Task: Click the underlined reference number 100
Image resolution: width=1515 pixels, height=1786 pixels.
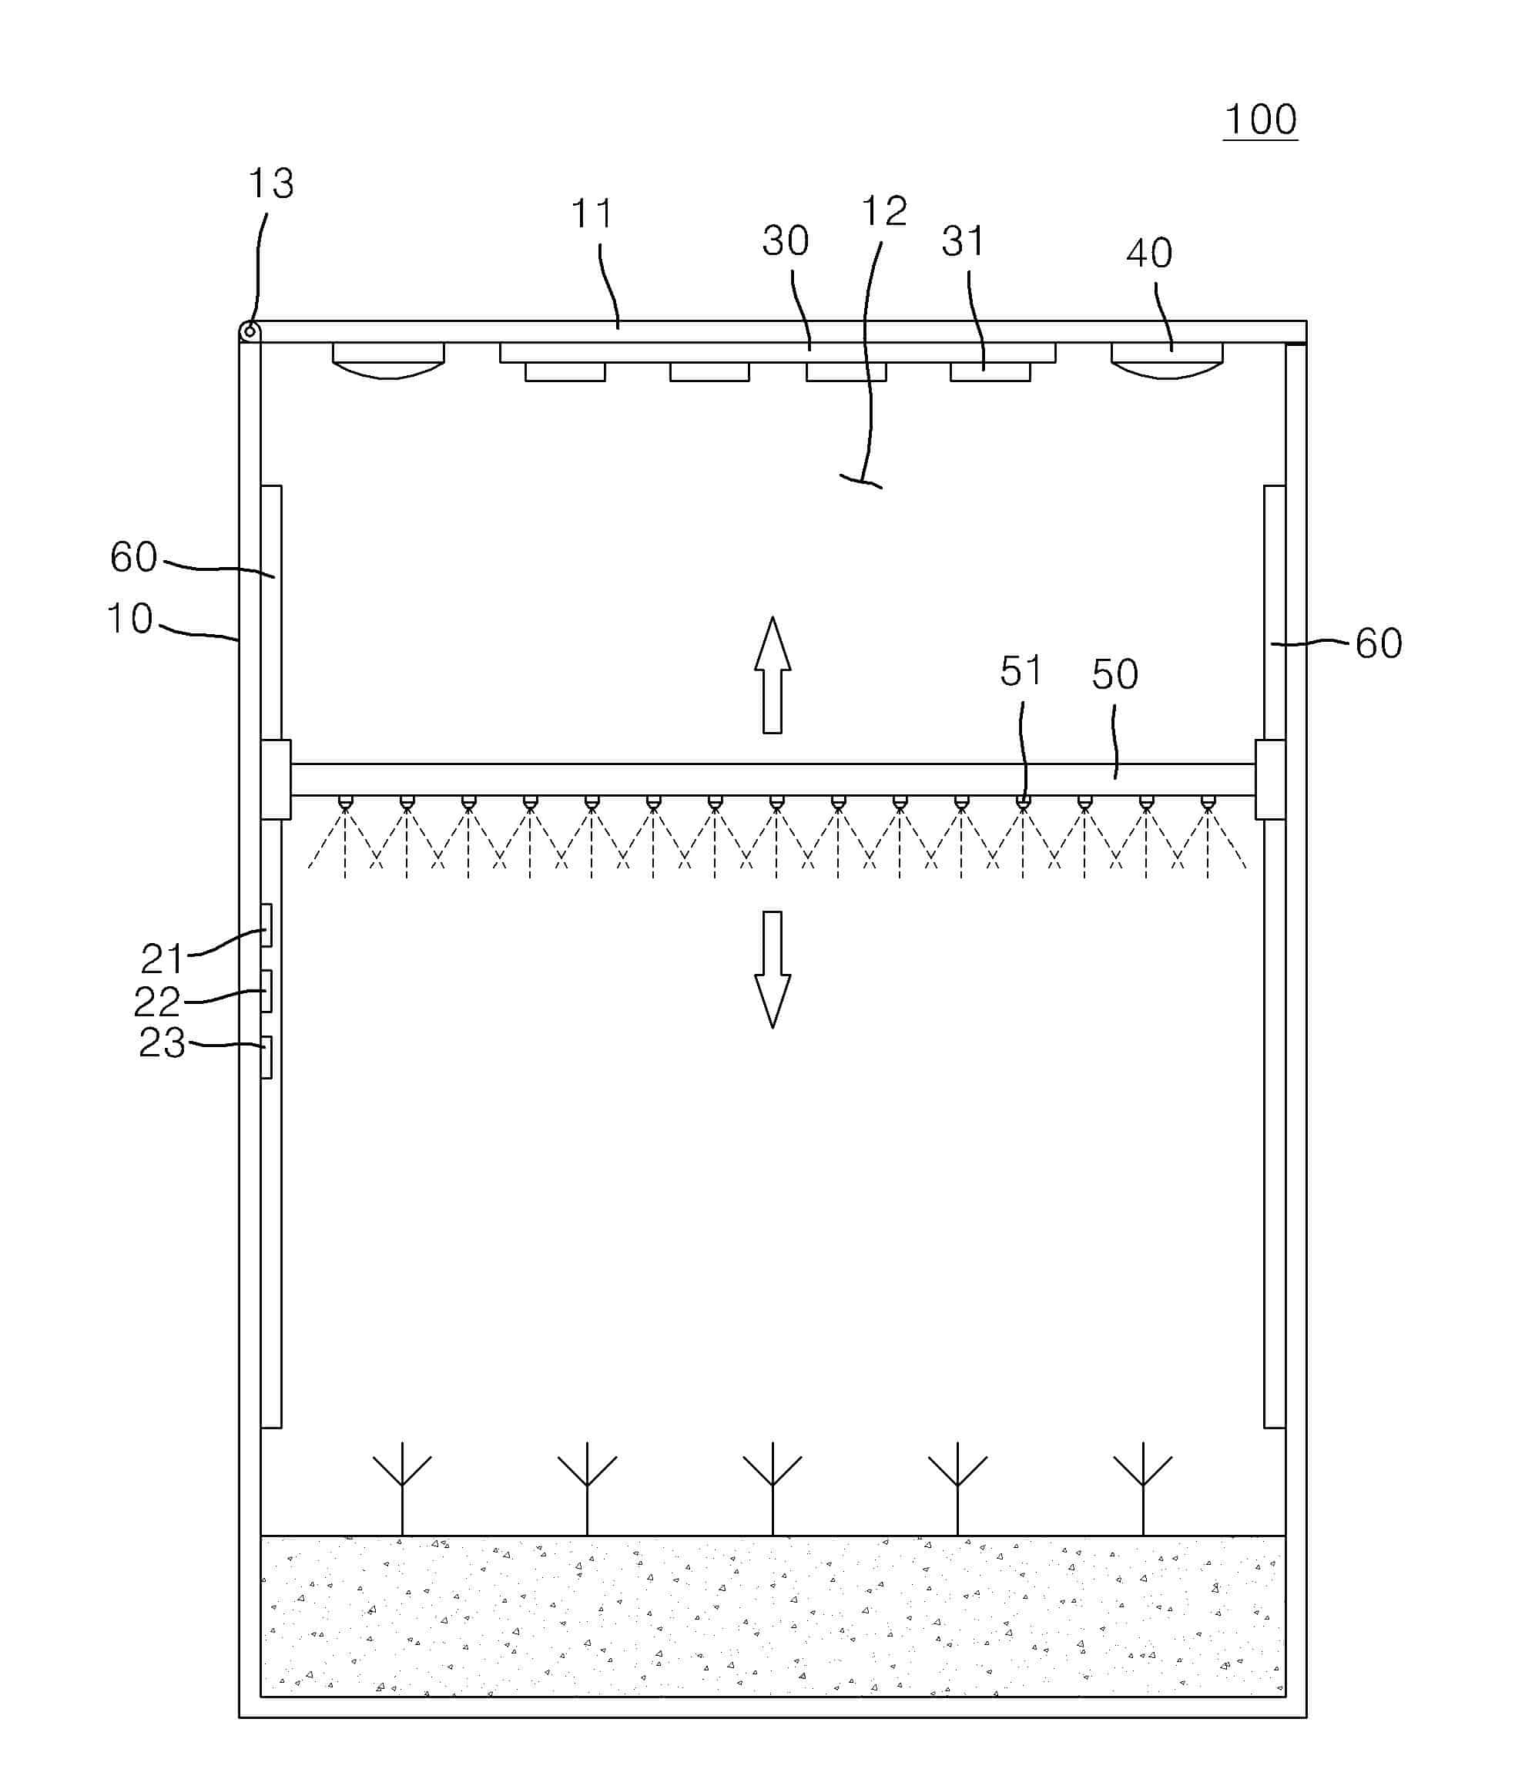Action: click(1259, 120)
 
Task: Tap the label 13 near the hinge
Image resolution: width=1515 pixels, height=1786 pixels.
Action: click(270, 184)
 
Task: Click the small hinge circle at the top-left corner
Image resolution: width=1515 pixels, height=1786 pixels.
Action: click(250, 331)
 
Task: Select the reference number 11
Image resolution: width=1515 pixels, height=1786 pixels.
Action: click(592, 214)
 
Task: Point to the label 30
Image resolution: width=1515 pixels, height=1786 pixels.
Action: click(785, 241)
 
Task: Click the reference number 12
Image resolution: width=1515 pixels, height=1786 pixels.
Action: click(883, 211)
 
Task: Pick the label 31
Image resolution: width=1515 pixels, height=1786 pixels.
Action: click(963, 242)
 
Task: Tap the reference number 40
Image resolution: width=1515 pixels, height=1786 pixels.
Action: click(1148, 253)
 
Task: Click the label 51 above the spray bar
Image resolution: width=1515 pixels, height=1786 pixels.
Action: click(1021, 671)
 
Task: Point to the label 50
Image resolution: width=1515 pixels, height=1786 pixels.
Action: click(1114, 674)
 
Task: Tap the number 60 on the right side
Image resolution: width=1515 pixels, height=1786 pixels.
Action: click(1378, 643)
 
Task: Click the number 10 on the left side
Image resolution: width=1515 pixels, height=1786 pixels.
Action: click(129, 619)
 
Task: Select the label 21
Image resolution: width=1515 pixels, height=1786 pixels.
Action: click(163, 958)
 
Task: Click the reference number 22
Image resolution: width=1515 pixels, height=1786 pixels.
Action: click(157, 1002)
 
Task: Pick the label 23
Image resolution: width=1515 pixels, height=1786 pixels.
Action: click(163, 1043)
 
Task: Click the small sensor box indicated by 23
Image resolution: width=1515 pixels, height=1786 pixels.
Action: click(266, 1056)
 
